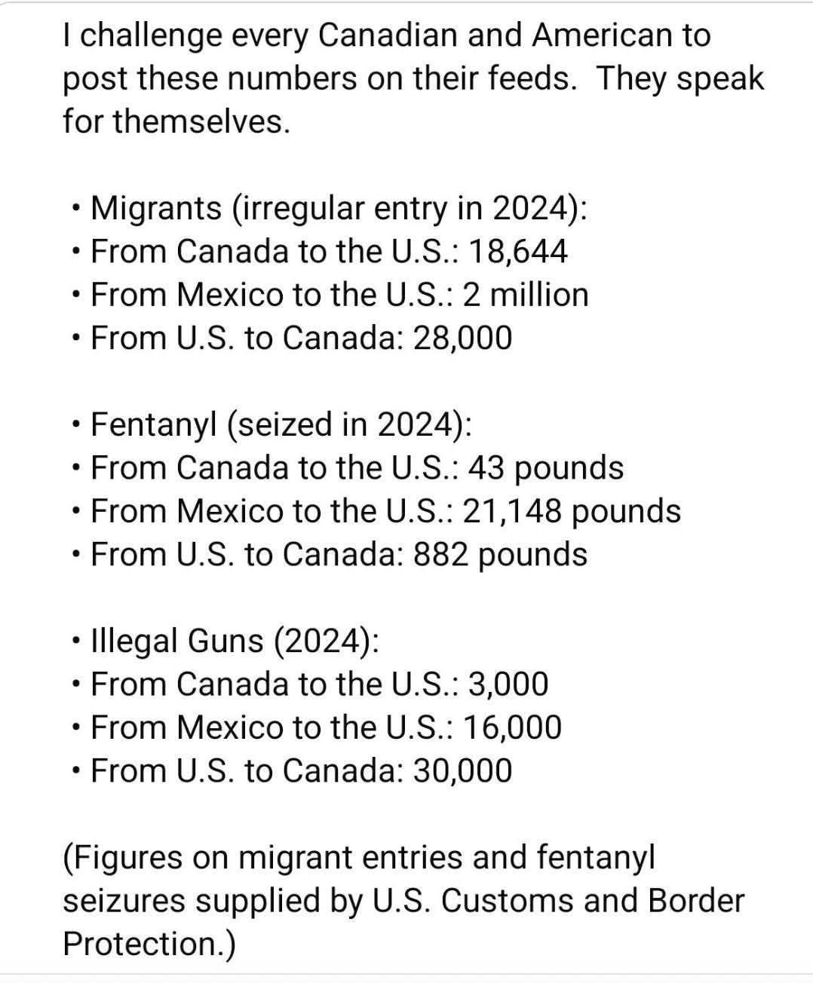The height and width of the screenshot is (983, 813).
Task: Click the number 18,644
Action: tap(517, 251)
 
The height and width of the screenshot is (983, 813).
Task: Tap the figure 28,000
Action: tap(462, 338)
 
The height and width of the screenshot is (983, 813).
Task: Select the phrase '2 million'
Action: tap(525, 295)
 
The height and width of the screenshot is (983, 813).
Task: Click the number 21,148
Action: tap(512, 511)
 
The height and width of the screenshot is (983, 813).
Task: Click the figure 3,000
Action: tap(508, 684)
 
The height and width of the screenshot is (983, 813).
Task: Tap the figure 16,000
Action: tap(512, 728)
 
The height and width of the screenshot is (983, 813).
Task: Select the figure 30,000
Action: tap(462, 771)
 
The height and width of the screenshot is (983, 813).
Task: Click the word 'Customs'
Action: tap(505, 902)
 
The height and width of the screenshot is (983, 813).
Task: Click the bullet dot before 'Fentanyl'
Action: tap(76, 426)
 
